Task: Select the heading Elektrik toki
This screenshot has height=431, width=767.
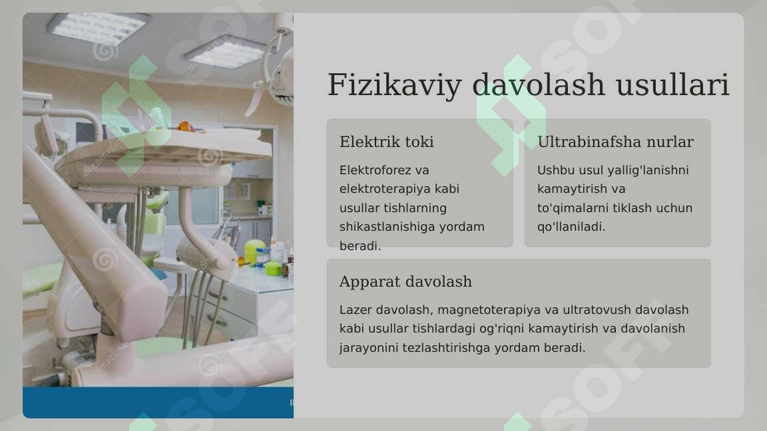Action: pyautogui.click(x=386, y=142)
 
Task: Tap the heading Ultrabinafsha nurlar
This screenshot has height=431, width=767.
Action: pyautogui.click(x=615, y=142)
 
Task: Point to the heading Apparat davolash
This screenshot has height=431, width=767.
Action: pyautogui.click(x=405, y=281)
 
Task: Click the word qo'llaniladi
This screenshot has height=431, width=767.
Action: pyautogui.click(x=571, y=227)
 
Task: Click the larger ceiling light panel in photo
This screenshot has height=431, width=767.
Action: pyautogui.click(x=97, y=28)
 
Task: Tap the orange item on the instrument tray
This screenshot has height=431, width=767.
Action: pyautogui.click(x=186, y=126)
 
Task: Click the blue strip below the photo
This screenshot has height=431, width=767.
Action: pyautogui.click(x=158, y=402)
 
